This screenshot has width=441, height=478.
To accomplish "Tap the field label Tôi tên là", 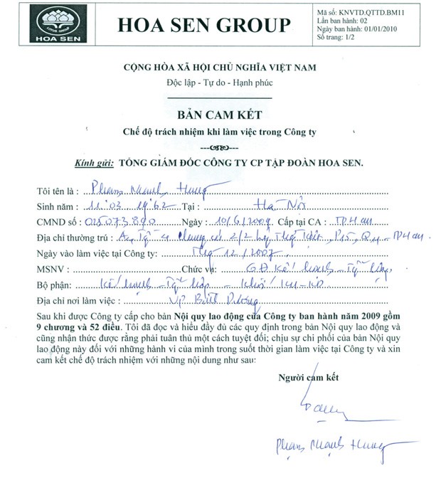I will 55,192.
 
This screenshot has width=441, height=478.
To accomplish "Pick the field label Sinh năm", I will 55,207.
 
